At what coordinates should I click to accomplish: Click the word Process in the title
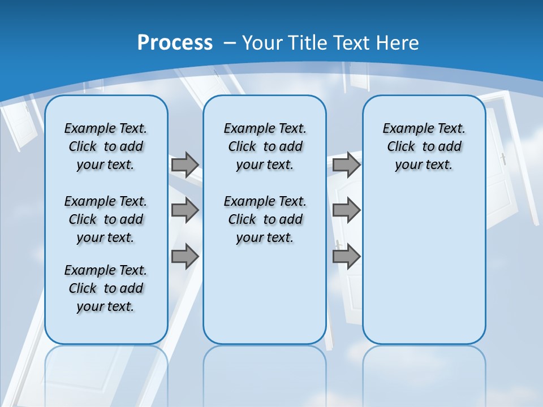point(175,42)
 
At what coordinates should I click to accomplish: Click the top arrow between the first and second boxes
point(185,164)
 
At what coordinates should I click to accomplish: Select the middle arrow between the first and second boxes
point(185,210)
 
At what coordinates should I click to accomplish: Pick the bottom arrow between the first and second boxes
point(185,257)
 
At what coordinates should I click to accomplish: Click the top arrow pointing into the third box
point(346,164)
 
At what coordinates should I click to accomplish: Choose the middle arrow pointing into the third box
point(346,210)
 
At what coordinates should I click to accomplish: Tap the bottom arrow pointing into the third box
point(346,257)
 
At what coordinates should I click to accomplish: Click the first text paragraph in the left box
point(106,146)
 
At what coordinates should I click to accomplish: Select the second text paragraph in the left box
point(106,219)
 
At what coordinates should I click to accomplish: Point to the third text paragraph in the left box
point(106,288)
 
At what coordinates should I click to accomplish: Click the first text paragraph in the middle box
point(265,146)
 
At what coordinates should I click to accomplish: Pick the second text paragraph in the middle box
point(265,219)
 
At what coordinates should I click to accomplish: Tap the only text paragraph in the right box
point(424,146)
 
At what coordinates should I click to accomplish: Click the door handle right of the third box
point(503,159)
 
